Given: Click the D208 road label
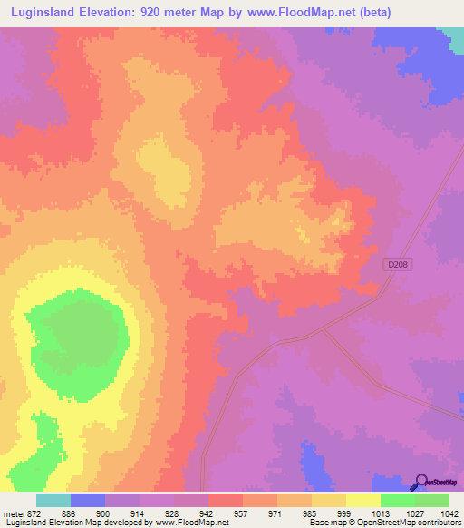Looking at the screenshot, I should coord(395,264).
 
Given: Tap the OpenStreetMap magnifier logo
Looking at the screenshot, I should coord(422,482).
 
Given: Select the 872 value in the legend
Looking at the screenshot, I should coord(34,513).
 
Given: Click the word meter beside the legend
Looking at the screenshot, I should coord(13,513).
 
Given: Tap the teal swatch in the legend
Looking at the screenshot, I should coord(53,500).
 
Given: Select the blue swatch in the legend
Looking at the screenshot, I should coord(87,500).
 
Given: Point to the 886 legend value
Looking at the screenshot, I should coord(69,513).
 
